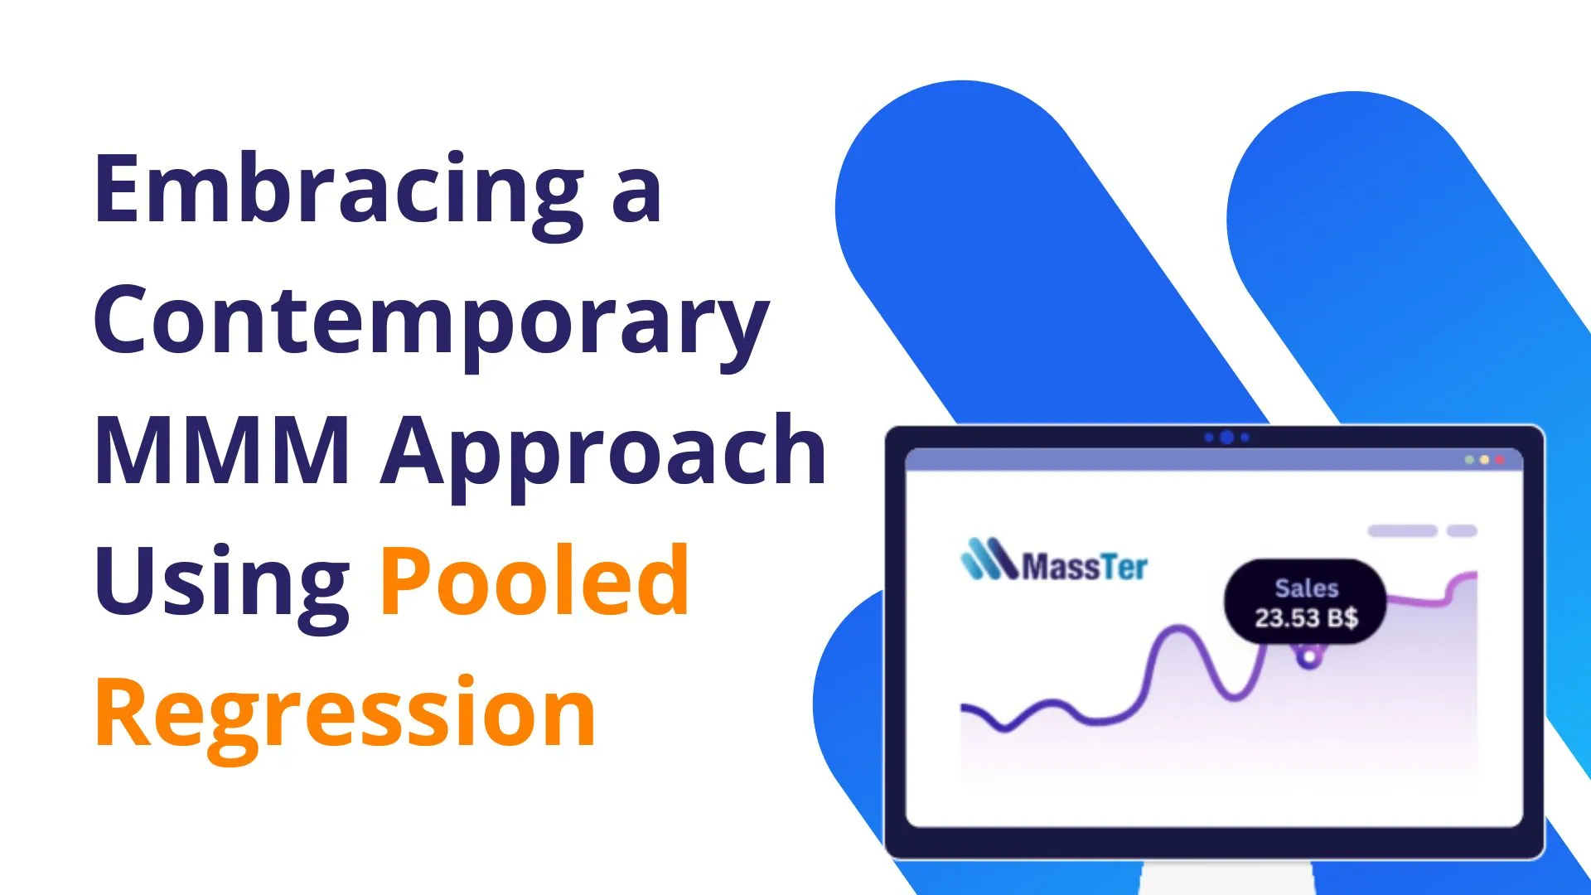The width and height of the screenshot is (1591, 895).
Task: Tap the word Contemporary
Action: click(431, 323)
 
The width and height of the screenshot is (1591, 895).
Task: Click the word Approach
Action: click(603, 455)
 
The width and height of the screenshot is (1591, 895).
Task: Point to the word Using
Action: click(222, 584)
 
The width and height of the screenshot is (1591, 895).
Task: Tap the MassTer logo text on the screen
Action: click(1085, 567)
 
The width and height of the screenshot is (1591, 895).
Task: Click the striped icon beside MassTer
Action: click(989, 559)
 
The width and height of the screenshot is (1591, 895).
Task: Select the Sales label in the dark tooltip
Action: click(1307, 588)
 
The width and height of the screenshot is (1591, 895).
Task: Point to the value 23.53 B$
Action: click(1307, 618)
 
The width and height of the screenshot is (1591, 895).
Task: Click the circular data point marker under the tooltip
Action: click(1309, 658)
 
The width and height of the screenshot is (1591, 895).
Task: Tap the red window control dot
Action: click(1499, 459)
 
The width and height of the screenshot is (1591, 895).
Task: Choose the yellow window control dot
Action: click(1484, 459)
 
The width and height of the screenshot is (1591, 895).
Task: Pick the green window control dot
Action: click(1469, 459)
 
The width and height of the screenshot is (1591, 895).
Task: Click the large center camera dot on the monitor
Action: click(1227, 438)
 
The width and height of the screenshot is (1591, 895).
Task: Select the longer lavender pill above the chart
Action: click(1402, 530)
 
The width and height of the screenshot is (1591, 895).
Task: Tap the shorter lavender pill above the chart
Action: click(1462, 530)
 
